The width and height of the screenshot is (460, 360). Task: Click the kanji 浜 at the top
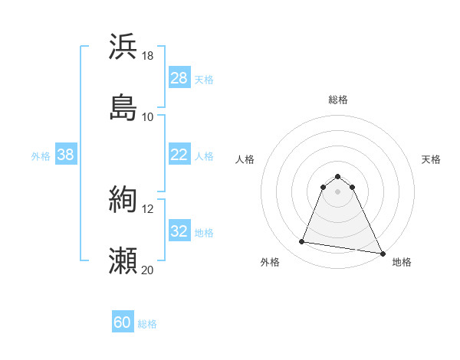123,46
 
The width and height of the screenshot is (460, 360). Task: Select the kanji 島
123,107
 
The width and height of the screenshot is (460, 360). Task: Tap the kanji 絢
123,200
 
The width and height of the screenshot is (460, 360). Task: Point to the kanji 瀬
123,261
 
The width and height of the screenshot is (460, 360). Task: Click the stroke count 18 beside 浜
148,55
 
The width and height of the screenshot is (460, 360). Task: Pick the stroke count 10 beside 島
148,116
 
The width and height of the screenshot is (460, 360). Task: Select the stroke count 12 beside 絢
148,208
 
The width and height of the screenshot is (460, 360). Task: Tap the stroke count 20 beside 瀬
148,270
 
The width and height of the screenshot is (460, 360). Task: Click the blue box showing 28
179,78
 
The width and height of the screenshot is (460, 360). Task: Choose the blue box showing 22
179,155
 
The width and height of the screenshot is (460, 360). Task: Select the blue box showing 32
179,231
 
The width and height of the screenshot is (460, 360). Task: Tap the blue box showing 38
66,155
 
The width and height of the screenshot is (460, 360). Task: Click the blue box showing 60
123,322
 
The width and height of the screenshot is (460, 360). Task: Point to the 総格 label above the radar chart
338,100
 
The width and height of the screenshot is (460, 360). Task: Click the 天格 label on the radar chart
432,159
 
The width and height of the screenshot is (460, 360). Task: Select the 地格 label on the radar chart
402,262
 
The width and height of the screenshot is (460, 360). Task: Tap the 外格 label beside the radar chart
270,262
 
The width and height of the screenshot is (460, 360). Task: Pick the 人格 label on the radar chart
245,159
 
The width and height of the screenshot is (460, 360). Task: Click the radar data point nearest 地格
383,253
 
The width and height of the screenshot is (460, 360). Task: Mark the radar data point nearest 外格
302,242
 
